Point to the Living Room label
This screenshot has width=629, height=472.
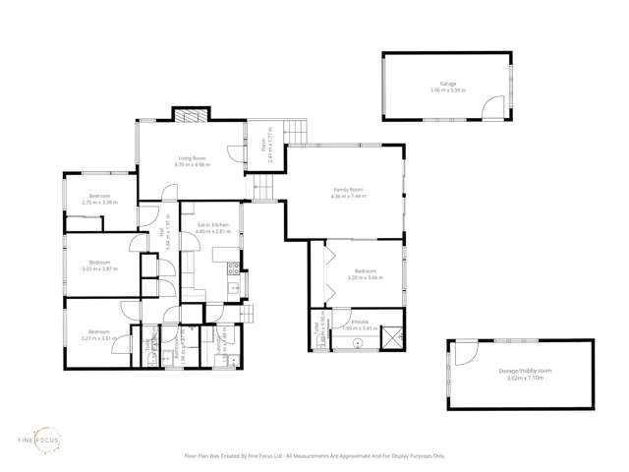[191, 160]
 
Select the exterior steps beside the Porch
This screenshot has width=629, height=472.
[294, 128]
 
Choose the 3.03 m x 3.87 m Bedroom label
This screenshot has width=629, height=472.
[99, 265]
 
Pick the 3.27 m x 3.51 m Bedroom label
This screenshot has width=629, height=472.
[97, 334]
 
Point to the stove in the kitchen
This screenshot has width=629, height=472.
[234, 266]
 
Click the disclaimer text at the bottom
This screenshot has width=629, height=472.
[314, 456]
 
